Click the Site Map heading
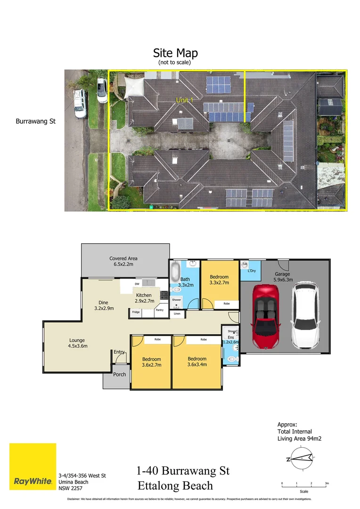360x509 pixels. pos(175,53)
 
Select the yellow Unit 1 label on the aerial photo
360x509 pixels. pos(185,100)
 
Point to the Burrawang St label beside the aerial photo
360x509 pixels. pos(36,121)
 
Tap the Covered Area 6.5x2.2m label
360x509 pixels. pos(123,262)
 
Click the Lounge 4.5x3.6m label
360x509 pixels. pos(78,343)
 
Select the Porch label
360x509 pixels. pos(120,375)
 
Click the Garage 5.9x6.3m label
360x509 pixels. pos(283,277)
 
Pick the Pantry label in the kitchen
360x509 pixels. pos(160,310)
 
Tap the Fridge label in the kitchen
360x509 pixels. pos(136,312)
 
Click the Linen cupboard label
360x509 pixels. pos(177,313)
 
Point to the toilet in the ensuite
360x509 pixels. pos(231,359)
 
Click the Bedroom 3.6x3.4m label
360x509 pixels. pos(196,361)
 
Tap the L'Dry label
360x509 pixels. pos(251,271)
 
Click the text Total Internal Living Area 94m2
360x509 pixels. pos(299,431)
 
